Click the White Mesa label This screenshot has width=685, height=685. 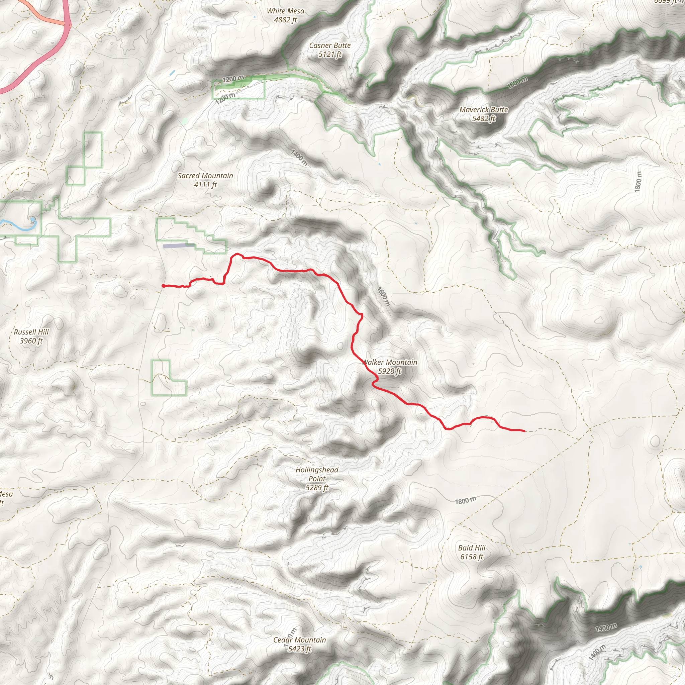point(285,11)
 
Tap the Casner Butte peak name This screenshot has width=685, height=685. point(330,45)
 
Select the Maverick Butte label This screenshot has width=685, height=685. point(484,110)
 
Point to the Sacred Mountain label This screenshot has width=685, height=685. point(205,176)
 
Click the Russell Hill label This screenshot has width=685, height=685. point(31,332)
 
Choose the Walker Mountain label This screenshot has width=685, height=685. point(390,362)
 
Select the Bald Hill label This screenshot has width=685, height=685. point(472,548)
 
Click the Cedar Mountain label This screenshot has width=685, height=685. point(300,640)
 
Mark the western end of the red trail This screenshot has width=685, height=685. point(163,285)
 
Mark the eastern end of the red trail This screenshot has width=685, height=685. point(524,431)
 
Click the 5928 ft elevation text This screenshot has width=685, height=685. point(390,371)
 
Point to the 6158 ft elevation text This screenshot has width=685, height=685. point(472,557)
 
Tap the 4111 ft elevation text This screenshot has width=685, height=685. point(205,184)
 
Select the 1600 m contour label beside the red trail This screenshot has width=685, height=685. point(383,296)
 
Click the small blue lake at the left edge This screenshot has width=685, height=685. point(33,221)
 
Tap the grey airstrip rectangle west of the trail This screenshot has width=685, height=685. point(178,246)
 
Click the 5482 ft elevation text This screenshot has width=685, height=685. point(484,119)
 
